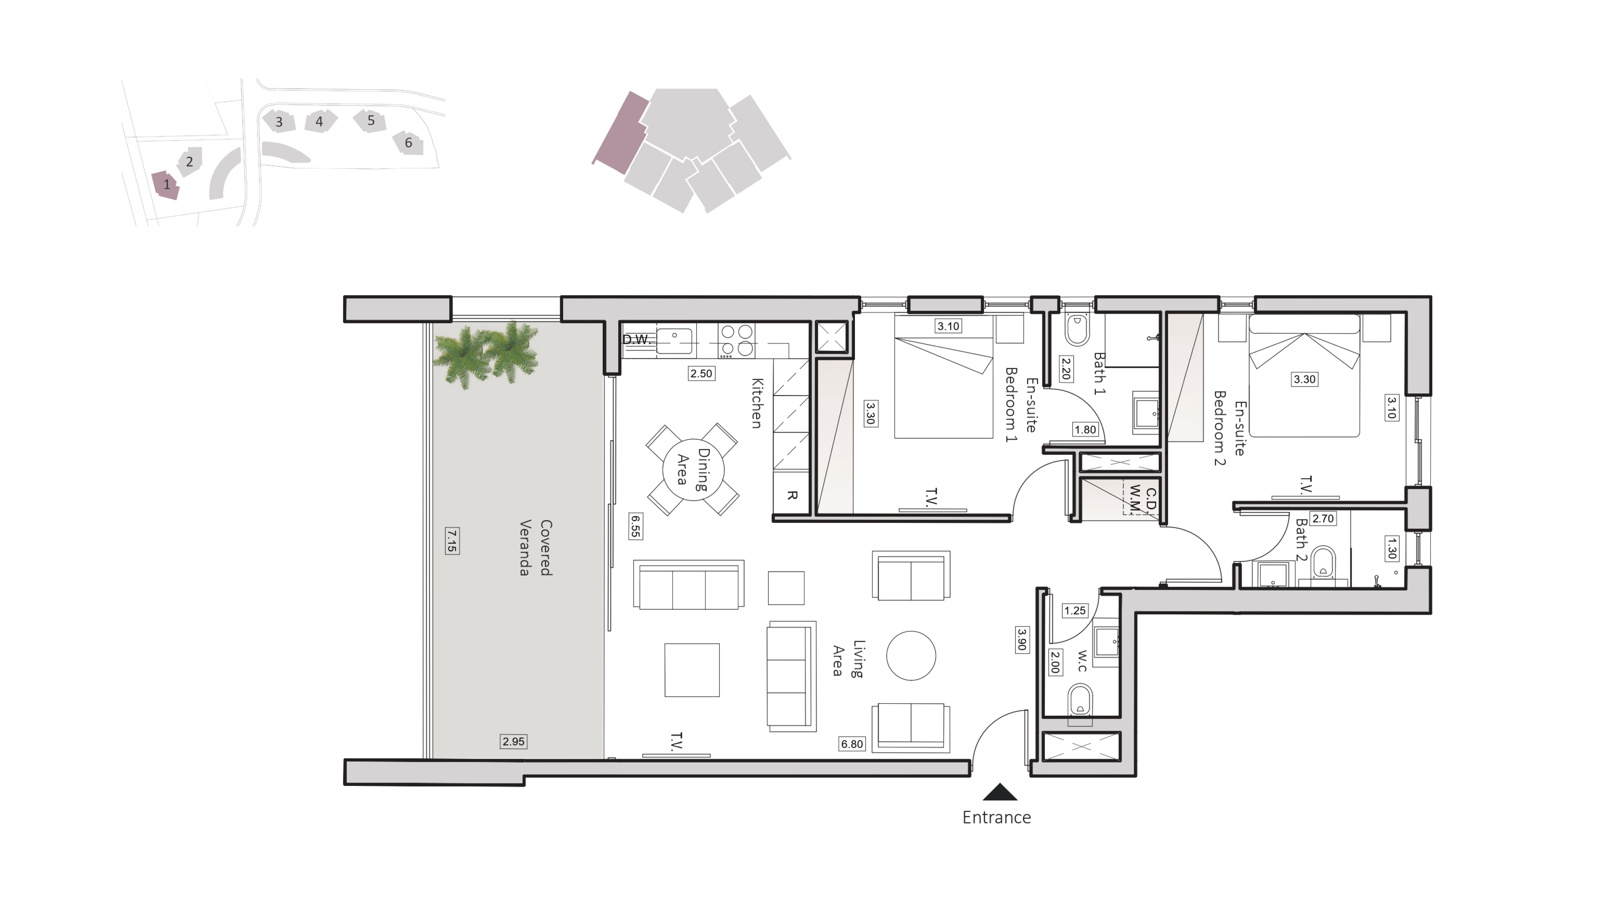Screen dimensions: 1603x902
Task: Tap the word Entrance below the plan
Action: point(996,817)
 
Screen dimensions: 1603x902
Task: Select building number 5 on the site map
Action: point(371,120)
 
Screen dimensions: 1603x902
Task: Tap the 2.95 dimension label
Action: point(513,741)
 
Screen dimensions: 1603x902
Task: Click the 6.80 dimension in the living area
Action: point(852,744)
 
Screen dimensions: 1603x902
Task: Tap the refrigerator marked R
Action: point(791,495)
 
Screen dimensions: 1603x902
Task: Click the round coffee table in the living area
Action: point(911,656)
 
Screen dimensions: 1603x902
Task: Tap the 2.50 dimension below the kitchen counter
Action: point(701,373)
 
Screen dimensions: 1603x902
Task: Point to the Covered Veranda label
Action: point(535,548)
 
